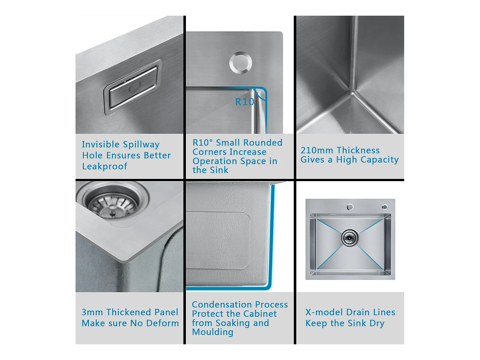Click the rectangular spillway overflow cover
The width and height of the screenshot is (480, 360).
pos(133,87)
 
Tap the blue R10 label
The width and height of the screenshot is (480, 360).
pos(244,102)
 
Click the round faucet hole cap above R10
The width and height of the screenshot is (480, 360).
pos(241,63)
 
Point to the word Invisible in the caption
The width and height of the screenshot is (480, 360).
pos(100,145)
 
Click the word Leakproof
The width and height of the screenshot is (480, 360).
pos(105,166)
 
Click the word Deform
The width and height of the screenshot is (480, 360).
pos(163,323)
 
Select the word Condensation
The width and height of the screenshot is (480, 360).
pos(222,305)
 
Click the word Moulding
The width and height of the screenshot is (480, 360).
pos(213,332)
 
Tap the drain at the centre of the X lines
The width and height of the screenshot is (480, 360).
pos(350,237)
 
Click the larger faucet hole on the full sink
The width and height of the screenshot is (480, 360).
pos(350,207)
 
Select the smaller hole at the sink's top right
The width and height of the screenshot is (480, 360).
pos(385,207)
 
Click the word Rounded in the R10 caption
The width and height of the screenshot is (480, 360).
pos(263,143)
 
